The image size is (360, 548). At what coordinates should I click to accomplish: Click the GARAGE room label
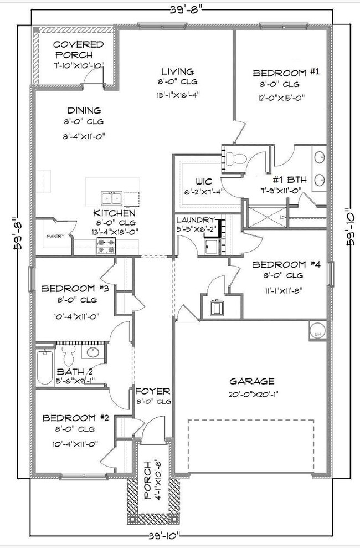pyautogui.click(x=252, y=381)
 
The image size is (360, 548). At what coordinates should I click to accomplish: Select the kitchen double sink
pyautogui.click(x=112, y=198)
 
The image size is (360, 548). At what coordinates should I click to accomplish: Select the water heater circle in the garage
pyautogui.click(x=317, y=332)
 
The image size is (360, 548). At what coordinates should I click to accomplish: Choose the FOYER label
pyautogui.click(x=153, y=391)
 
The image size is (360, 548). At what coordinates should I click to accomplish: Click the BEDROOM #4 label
pyautogui.click(x=282, y=265)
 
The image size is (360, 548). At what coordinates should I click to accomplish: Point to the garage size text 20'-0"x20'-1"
pyautogui.click(x=252, y=394)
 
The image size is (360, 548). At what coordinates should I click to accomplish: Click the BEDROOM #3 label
pyautogui.click(x=70, y=289)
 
